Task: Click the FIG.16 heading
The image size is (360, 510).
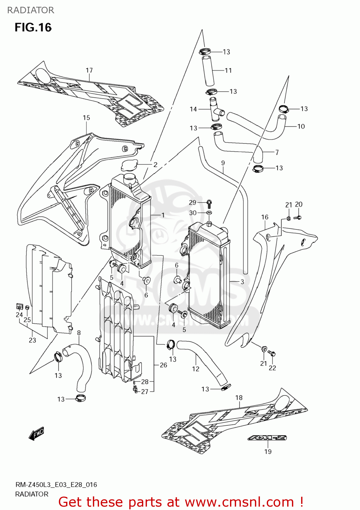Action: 33,27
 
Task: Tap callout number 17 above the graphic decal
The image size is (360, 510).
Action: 89,70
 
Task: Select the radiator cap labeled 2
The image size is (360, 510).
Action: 129,166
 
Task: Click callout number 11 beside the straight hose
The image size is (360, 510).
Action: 228,70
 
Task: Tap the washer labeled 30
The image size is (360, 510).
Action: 209,213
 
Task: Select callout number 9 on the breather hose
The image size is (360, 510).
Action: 223,163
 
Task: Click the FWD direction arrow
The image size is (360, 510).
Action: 36,434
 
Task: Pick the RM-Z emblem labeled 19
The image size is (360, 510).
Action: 267,438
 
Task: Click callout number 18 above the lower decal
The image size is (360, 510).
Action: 239,397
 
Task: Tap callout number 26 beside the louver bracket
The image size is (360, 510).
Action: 163,365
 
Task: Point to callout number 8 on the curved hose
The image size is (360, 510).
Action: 79,333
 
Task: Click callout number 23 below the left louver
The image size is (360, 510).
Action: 32,340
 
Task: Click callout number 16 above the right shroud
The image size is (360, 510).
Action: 265,217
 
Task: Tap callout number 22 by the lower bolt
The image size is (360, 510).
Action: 273,368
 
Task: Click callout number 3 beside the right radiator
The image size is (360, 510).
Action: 242,282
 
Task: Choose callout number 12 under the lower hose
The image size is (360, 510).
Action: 196,369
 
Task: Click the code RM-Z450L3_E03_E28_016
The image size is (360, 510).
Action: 56,485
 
